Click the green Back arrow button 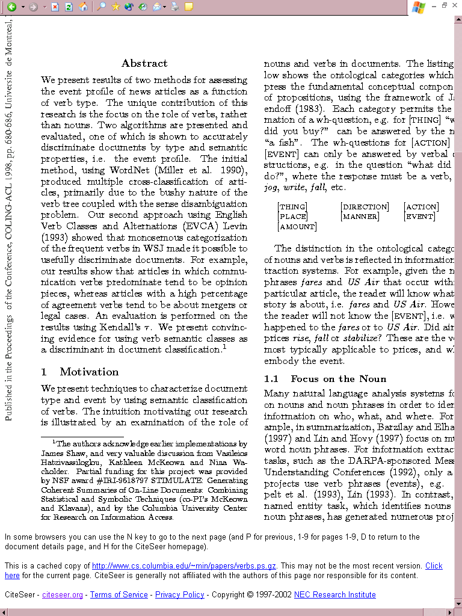[11, 7]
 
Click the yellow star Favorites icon [115, 7]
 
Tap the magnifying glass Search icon [102, 7]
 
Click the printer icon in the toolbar [174, 7]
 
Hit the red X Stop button [55, 7]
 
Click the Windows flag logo [419, 7]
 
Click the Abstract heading [144, 63]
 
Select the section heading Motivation [89, 372]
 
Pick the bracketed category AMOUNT [297, 227]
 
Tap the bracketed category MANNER [360, 217]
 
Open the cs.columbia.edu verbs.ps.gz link [184, 566]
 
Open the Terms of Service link [119, 595]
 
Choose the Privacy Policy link [180, 595]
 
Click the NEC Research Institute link [334, 595]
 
